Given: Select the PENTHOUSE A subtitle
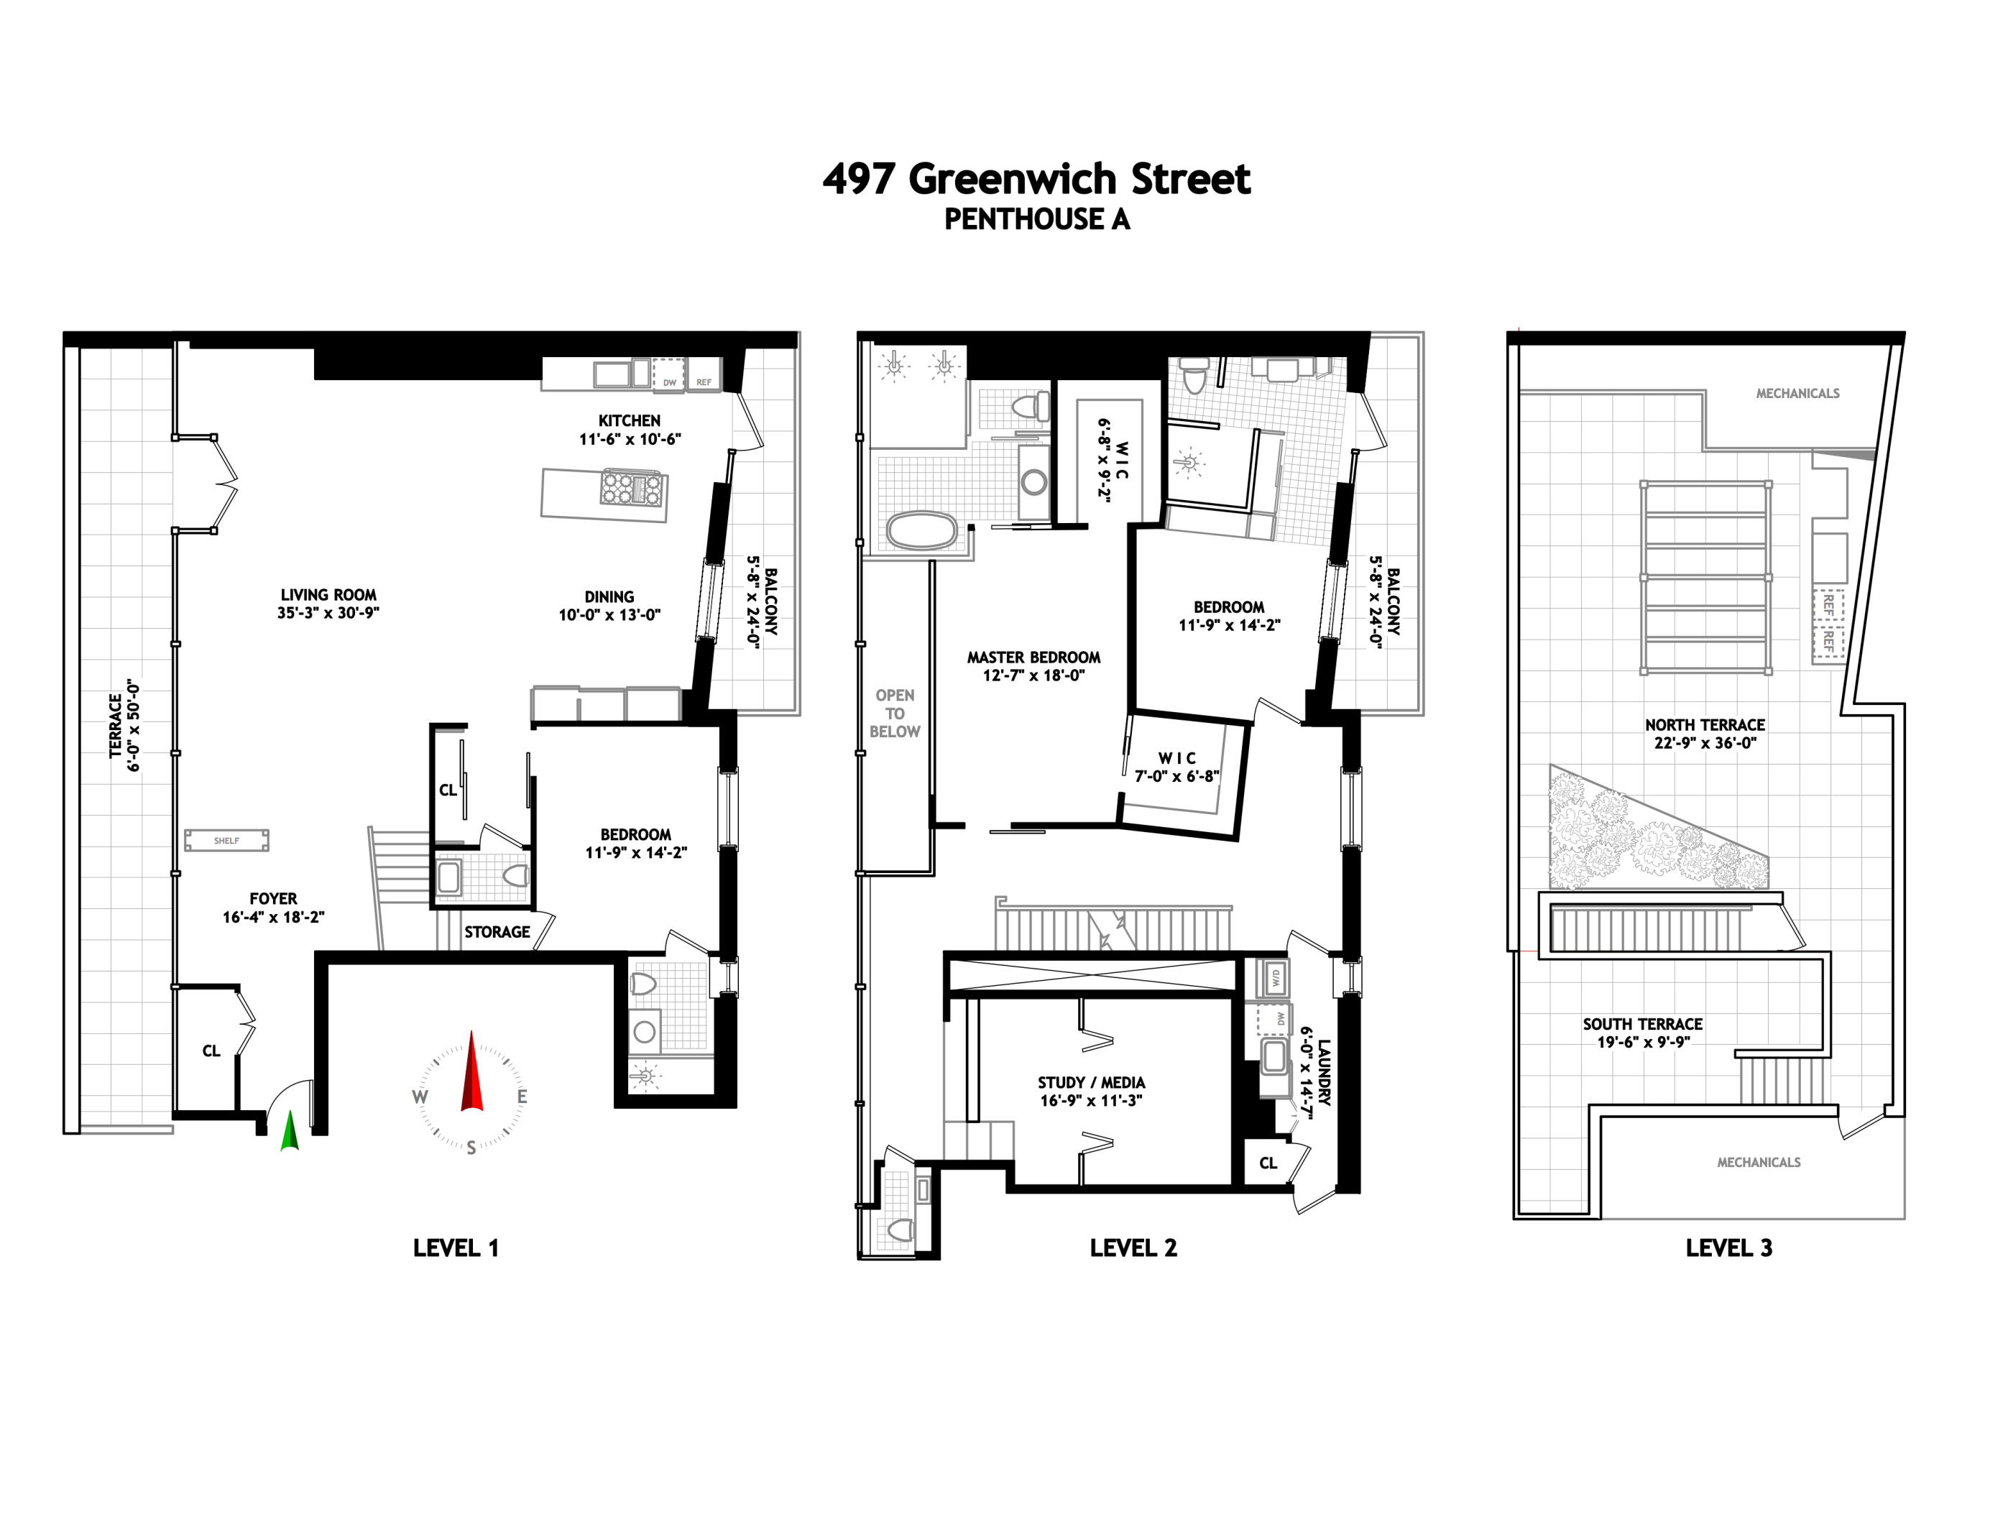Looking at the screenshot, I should click(x=1036, y=220).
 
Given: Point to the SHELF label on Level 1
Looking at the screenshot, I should click(x=226, y=840).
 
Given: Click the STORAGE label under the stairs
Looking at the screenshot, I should click(x=497, y=931).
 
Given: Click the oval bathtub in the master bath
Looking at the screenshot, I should click(x=921, y=530).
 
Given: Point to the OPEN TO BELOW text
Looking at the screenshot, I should click(x=894, y=713).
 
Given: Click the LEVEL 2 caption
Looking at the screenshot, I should click(x=1133, y=1248).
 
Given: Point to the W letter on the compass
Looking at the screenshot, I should click(x=420, y=1097).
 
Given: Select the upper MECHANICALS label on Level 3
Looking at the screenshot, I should click(x=1797, y=393).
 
